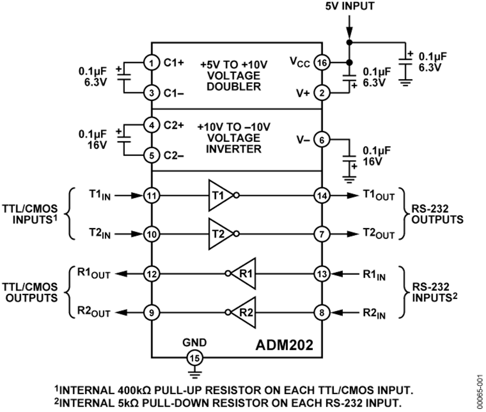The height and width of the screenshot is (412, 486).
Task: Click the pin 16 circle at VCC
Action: coord(322,63)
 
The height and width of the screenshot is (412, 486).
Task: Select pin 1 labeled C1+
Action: coord(153,63)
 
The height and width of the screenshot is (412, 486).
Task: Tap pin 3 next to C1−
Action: coord(153,93)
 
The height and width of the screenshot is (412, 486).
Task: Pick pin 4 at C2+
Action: coord(153,126)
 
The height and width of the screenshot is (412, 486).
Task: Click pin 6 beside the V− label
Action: coord(322,140)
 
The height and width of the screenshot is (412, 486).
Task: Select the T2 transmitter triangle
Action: coord(221,234)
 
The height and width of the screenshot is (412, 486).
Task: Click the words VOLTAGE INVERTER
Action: coord(234,143)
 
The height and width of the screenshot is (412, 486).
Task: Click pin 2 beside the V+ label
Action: coord(322,93)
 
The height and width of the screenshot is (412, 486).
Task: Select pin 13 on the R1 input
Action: coord(322,273)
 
